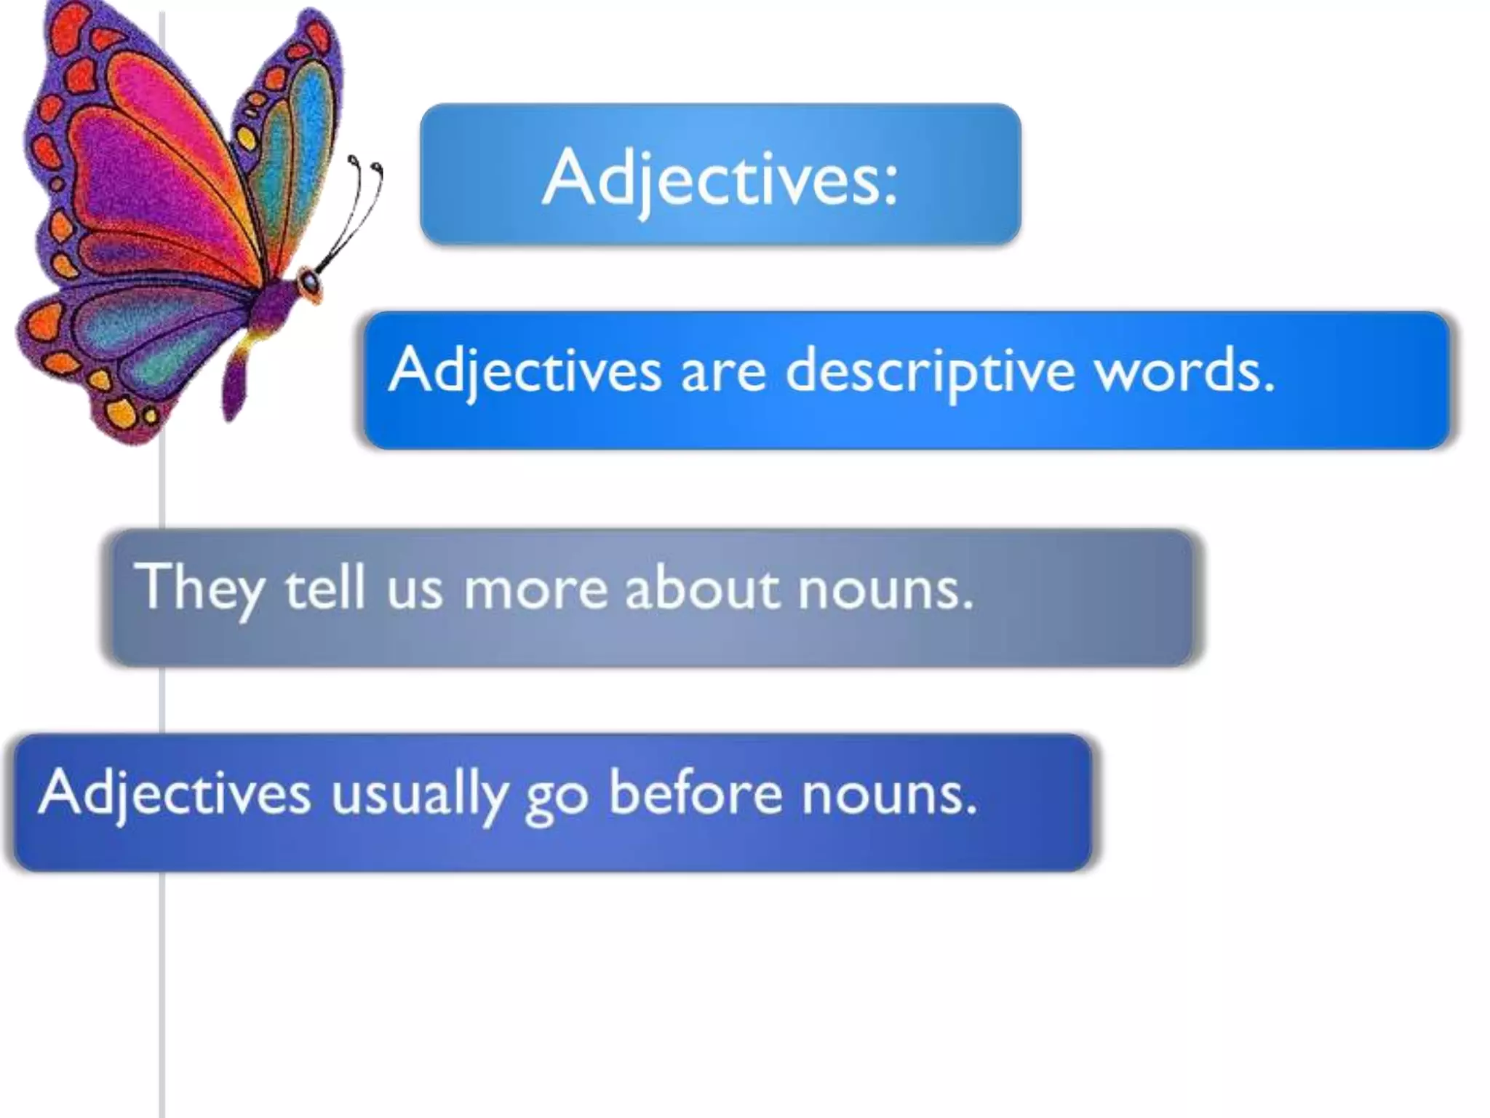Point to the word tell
tap(324, 588)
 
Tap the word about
tap(702, 588)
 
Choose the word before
tap(695, 793)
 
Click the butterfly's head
tap(310, 282)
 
